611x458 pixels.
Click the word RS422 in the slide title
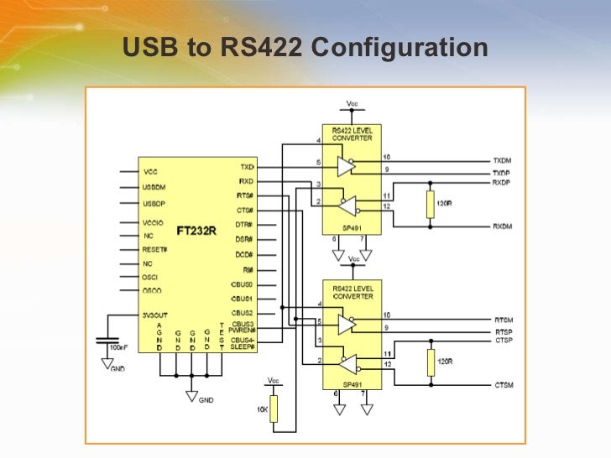(258, 49)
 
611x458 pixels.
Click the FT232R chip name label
(196, 230)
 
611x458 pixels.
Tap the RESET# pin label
(155, 250)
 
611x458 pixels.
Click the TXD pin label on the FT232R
(246, 167)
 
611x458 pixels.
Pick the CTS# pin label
(245, 211)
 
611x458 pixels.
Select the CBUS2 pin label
(242, 313)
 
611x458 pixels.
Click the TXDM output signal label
(503, 159)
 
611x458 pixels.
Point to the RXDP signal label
(502, 182)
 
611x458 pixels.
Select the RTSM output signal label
(504, 320)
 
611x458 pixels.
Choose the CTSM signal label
(504, 385)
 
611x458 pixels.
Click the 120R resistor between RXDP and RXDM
(431, 204)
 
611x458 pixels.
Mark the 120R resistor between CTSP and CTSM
(431, 362)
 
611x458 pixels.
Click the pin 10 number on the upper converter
(386, 157)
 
